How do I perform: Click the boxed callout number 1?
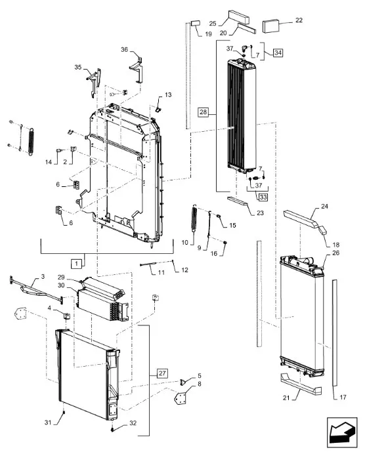pyautogui.click(x=76, y=264)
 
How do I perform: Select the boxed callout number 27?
pyautogui.click(x=162, y=373)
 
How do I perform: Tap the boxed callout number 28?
pyautogui.click(x=203, y=112)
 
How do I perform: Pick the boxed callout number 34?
pyautogui.click(x=278, y=52)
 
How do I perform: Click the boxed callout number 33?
pyautogui.click(x=263, y=197)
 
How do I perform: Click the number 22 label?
pyautogui.click(x=299, y=20)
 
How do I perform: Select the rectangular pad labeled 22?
pyautogui.click(x=270, y=26)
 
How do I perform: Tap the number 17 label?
pyautogui.click(x=343, y=398)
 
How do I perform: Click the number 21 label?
pyautogui.click(x=286, y=398)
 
